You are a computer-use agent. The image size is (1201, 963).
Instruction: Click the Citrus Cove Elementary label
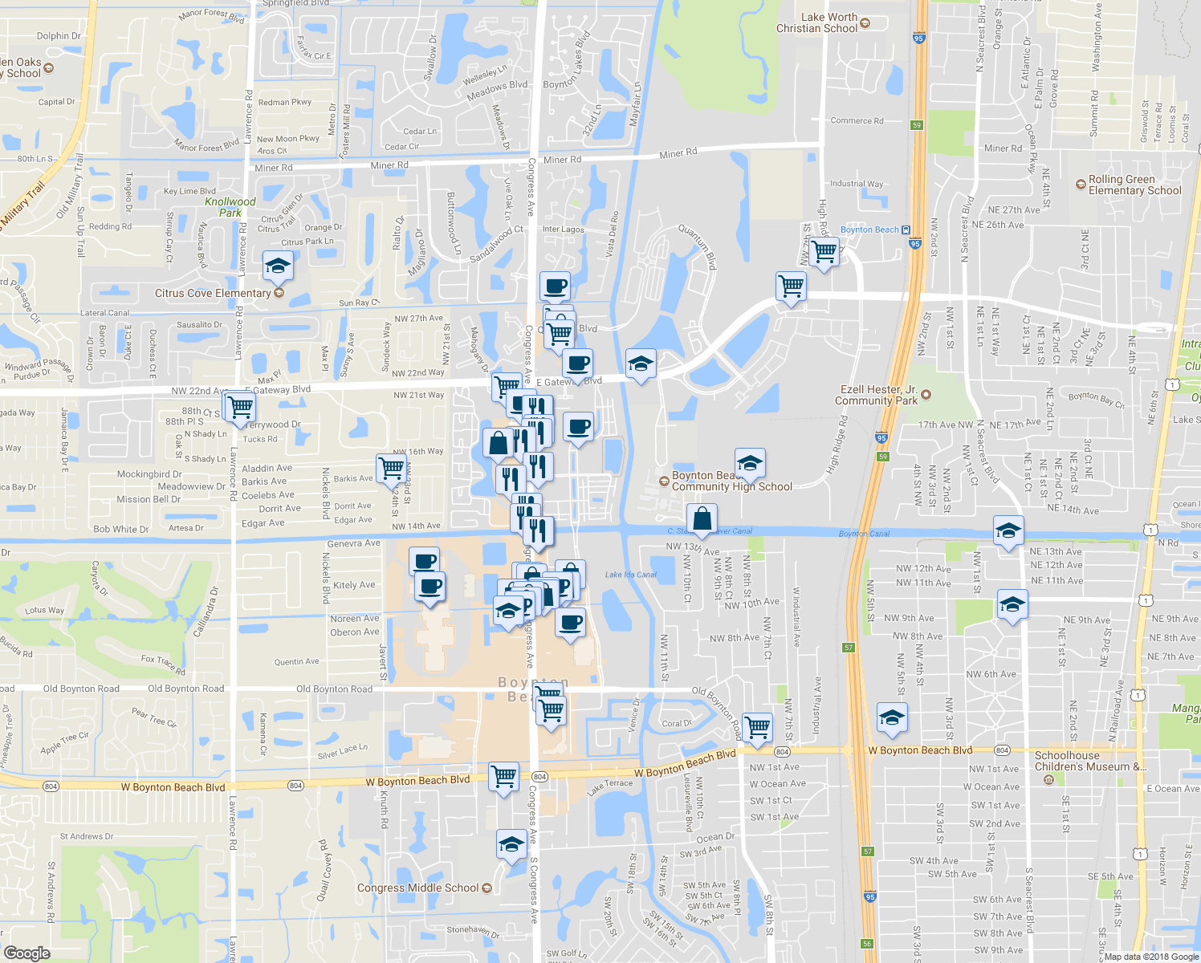pyautogui.click(x=213, y=294)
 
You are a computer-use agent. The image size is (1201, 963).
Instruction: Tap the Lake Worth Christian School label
pyautogui.click(x=817, y=22)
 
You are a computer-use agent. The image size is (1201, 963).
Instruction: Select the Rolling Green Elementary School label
pyautogui.click(x=1134, y=185)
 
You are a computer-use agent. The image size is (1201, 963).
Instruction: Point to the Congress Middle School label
pyautogui.click(x=417, y=888)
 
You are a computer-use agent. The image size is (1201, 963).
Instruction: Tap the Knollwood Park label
pyautogui.click(x=230, y=207)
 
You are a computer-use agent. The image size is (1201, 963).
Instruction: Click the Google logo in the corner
pyautogui.click(x=27, y=953)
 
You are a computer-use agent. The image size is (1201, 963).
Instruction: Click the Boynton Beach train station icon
pyautogui.click(x=906, y=230)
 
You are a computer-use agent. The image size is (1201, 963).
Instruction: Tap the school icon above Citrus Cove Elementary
pyautogui.click(x=278, y=266)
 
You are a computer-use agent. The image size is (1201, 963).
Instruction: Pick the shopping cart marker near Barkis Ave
pyautogui.click(x=391, y=467)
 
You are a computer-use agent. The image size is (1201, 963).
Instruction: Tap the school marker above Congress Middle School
pyautogui.click(x=511, y=844)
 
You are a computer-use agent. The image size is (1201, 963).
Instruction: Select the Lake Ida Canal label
pyautogui.click(x=630, y=575)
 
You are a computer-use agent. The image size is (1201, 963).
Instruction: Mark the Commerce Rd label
pyautogui.click(x=857, y=121)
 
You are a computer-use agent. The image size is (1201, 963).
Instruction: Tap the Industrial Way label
pyautogui.click(x=857, y=184)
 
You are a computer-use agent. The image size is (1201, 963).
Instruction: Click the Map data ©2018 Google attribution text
pyautogui.click(x=1151, y=957)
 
